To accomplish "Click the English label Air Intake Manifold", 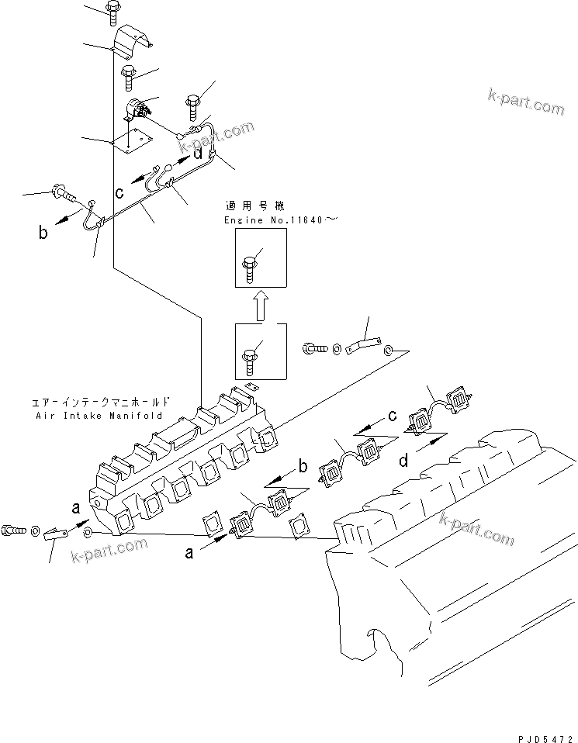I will [x=99, y=415].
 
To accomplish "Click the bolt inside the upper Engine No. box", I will [x=251, y=266].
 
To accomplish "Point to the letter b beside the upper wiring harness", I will [x=43, y=231].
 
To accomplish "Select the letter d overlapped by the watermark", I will [x=199, y=154].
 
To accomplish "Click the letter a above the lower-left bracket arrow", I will [x=75, y=508].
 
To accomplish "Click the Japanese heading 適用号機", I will [x=254, y=207].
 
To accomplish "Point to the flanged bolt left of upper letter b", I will [x=61, y=190].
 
